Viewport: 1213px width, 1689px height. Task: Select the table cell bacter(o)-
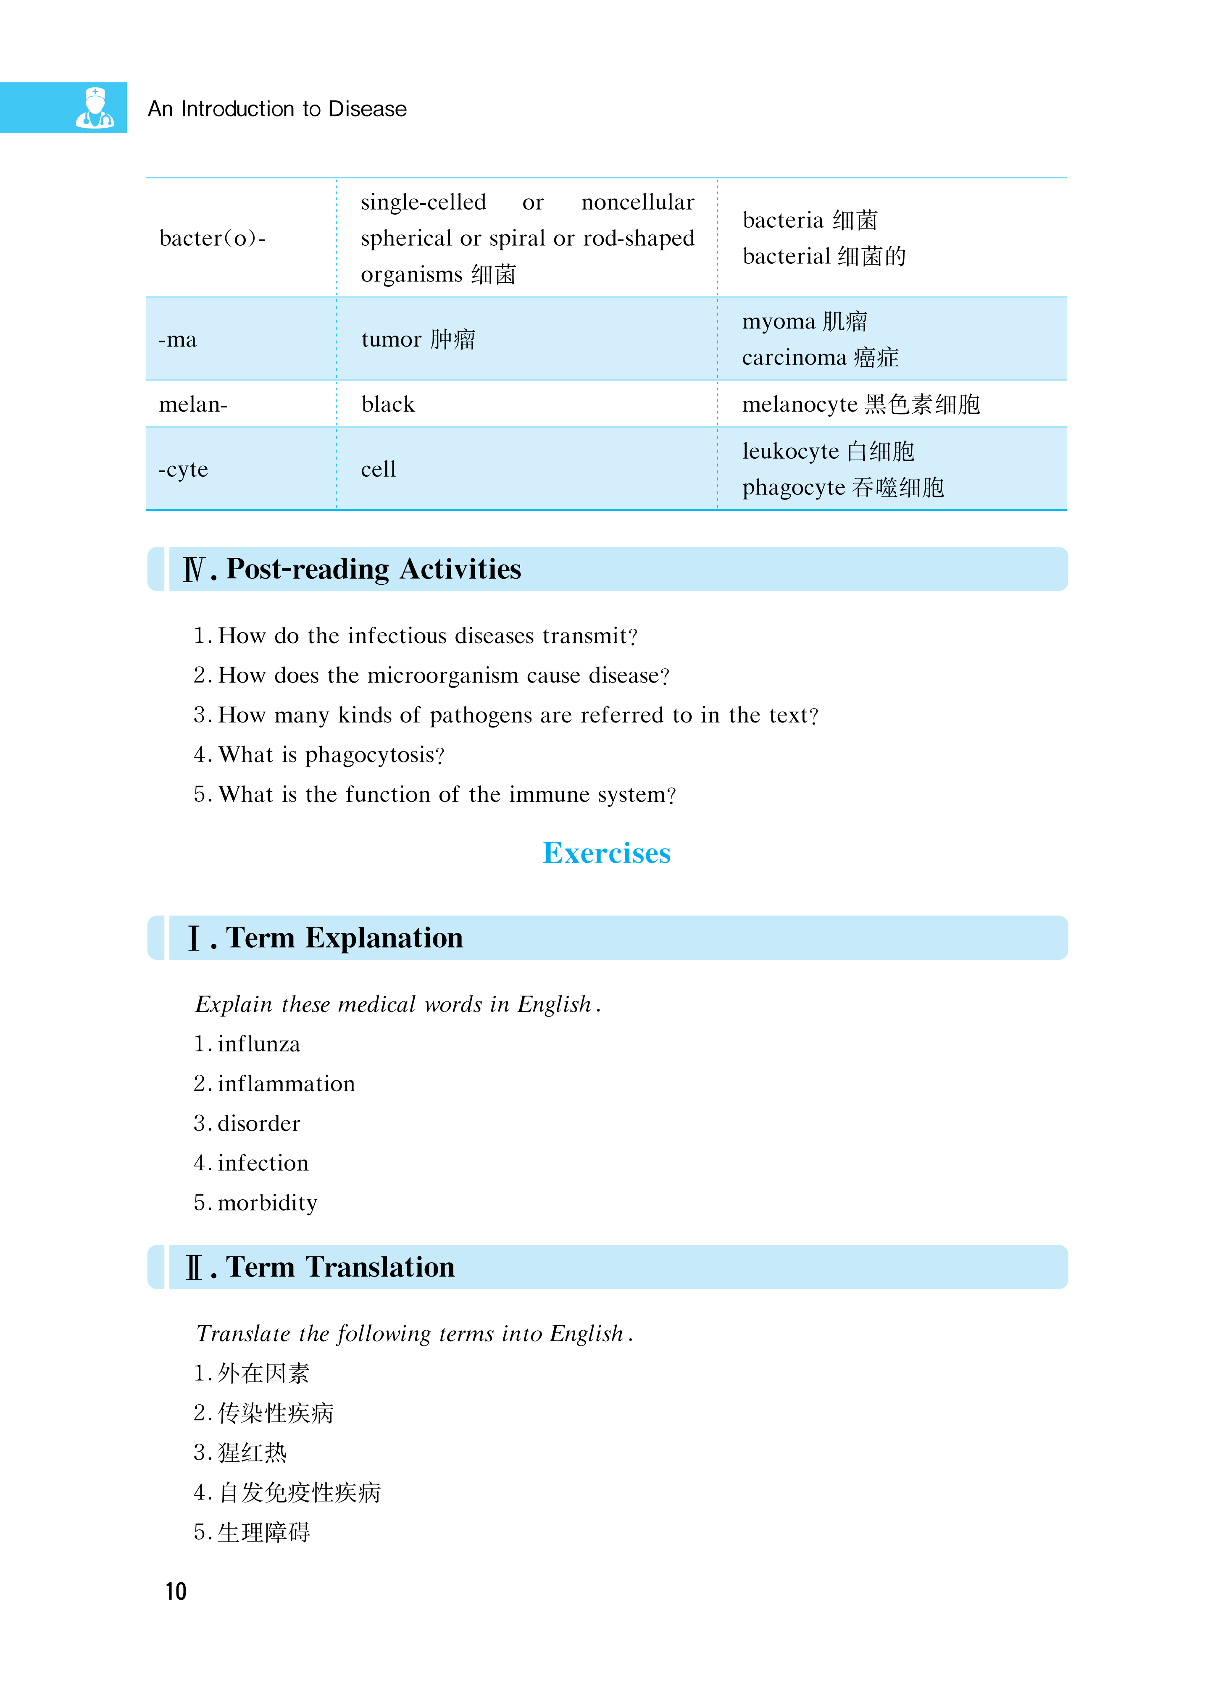(212, 238)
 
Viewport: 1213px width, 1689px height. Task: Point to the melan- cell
(193, 405)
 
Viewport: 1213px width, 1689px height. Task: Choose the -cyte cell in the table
(183, 469)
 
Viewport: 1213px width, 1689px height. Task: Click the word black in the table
(387, 405)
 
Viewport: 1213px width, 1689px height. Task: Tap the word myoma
(779, 322)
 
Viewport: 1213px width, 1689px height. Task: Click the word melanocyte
(800, 405)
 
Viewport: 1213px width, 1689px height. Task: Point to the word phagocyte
(794, 488)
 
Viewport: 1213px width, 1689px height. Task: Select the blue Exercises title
(607, 853)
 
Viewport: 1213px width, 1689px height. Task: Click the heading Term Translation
(340, 1267)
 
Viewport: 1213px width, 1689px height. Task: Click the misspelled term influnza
(258, 1044)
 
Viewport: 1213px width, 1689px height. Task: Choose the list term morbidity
(267, 1203)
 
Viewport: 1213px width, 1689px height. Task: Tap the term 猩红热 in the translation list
(252, 1453)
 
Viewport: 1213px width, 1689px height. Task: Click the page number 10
(176, 1592)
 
